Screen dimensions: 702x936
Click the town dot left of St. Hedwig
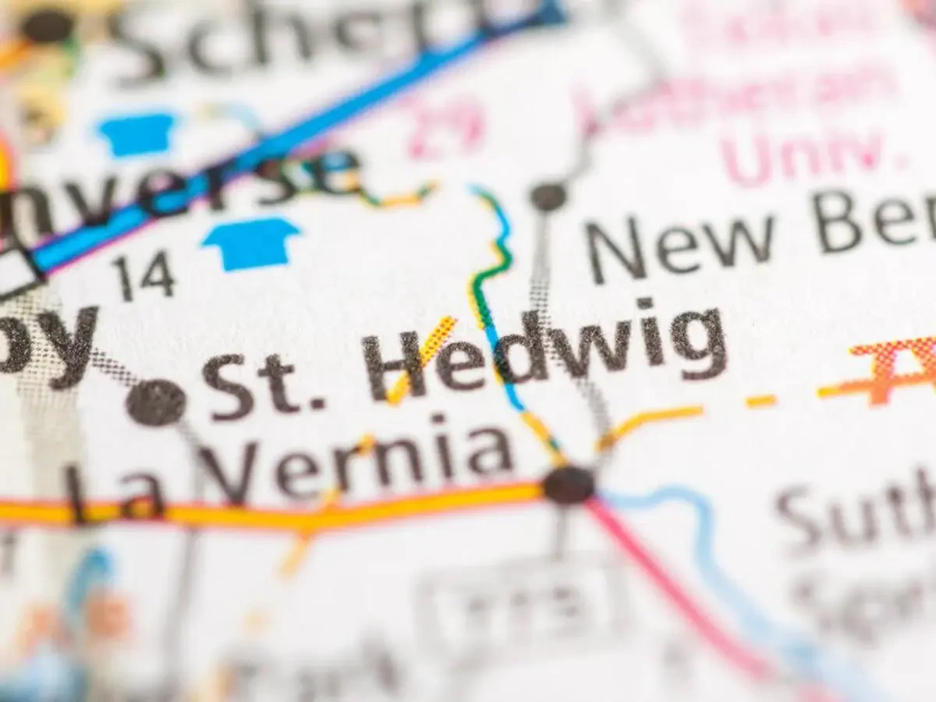156,402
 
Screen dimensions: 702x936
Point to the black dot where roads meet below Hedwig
569,484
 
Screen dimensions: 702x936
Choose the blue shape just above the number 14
252,243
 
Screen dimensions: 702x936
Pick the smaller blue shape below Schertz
137,133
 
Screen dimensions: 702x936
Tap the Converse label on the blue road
179,187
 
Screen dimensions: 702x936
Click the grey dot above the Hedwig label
548,196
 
